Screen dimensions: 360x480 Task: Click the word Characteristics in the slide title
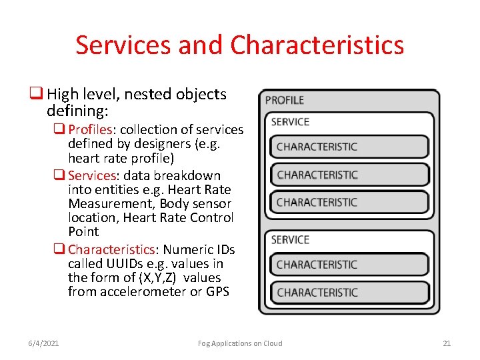tap(317, 45)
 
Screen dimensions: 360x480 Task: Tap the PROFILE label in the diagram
tap(285, 101)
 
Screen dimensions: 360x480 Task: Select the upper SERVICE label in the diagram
tap(290, 122)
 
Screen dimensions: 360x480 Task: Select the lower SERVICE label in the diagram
tap(290, 240)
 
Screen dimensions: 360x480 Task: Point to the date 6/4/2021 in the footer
tap(44, 343)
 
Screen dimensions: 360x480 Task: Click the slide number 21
tap(447, 343)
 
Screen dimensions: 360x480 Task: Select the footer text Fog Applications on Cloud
tap(240, 343)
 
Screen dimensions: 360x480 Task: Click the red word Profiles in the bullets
tap(91, 129)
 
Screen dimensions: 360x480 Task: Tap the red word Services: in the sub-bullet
tap(93, 176)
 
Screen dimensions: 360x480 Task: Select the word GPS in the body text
tap(217, 291)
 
